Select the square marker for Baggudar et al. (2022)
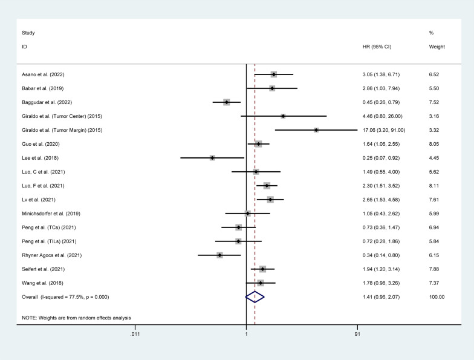(x=227, y=102)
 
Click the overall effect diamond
(x=255, y=297)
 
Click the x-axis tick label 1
(x=246, y=334)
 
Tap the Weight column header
(x=437, y=47)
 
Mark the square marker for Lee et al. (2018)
(x=212, y=158)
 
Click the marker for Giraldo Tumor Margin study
(x=316, y=130)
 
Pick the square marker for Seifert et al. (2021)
(x=262, y=269)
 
